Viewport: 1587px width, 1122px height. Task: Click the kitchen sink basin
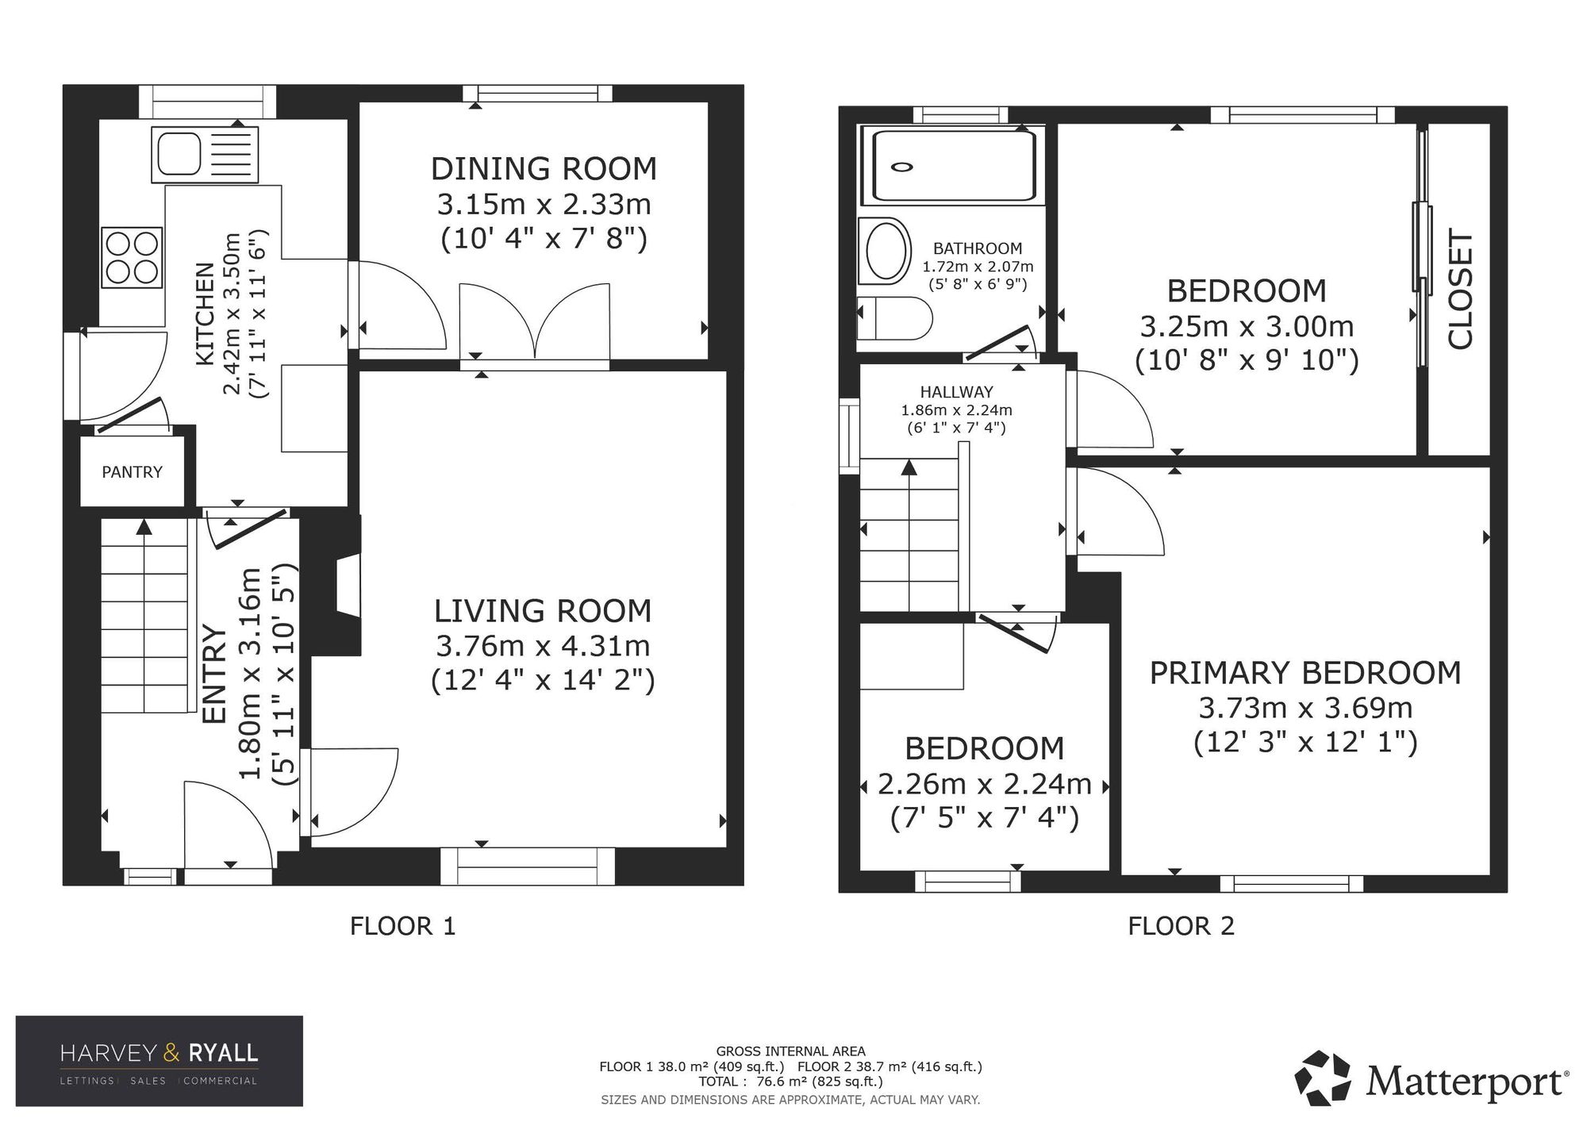[179, 153]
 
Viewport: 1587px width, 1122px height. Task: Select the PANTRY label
[132, 472]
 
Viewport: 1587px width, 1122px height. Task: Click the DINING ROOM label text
[544, 169]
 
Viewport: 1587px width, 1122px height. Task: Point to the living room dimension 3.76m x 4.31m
[543, 646]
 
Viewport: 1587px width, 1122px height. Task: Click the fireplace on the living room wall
[348, 585]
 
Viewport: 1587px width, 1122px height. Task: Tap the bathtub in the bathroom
[954, 165]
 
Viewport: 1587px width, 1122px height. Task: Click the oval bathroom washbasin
[887, 252]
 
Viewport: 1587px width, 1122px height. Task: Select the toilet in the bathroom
[895, 319]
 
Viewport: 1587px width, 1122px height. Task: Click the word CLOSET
[1461, 290]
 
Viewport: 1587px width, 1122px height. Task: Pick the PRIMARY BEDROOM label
[1305, 673]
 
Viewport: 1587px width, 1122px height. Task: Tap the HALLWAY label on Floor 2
[956, 392]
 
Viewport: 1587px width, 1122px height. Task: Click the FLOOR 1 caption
[403, 926]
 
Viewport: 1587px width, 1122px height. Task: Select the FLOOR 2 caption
[1182, 926]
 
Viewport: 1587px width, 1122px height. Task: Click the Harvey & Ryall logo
[159, 1061]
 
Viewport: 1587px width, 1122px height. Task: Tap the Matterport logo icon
[1323, 1078]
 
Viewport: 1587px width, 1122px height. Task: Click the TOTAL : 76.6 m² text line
[790, 1081]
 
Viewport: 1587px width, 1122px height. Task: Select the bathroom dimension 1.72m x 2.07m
[978, 267]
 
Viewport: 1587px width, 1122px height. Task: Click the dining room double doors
[535, 321]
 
